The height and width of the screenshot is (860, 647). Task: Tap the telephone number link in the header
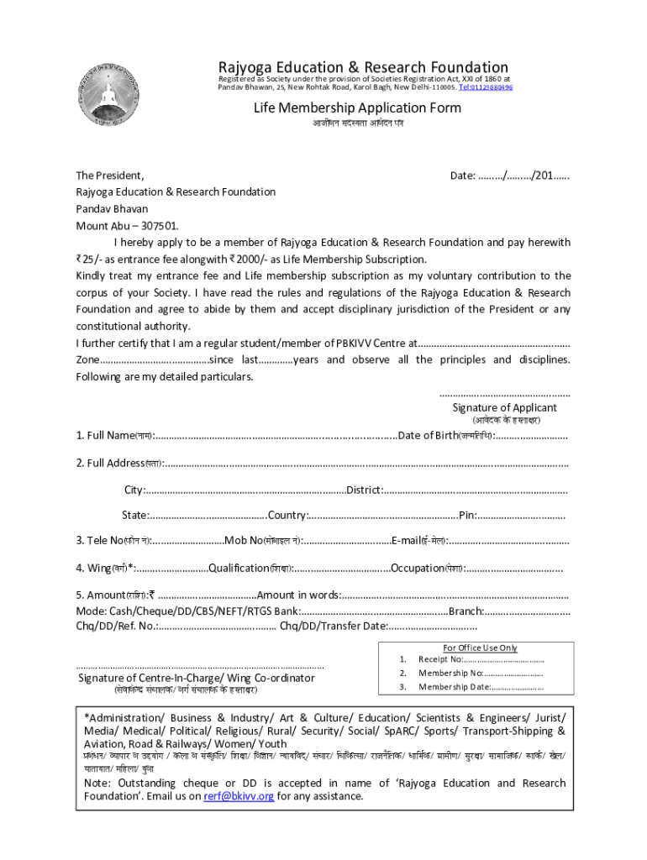486,87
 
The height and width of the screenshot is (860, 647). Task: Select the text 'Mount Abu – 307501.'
127,226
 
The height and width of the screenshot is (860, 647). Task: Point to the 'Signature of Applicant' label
504,407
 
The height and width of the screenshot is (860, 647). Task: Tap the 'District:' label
366,490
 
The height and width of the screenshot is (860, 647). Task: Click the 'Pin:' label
468,515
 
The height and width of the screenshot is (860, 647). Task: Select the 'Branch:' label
466,611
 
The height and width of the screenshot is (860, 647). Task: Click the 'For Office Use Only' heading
480,648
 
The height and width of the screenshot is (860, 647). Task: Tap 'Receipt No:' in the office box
441,659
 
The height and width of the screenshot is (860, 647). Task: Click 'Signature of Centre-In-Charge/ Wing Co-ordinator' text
197,678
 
